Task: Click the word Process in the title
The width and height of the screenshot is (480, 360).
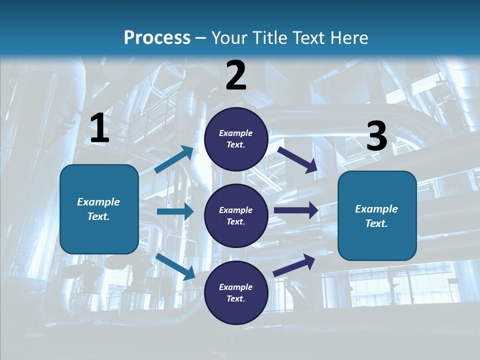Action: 157,37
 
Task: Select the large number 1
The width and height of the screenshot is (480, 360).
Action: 99,128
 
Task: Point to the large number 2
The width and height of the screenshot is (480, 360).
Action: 236,75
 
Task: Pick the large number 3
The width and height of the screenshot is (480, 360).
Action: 376,136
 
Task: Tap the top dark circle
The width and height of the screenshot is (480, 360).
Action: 236,139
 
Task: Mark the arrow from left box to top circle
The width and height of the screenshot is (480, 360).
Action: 174,159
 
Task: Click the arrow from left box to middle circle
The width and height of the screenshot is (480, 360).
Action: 175,211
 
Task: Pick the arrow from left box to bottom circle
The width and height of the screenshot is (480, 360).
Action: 175,266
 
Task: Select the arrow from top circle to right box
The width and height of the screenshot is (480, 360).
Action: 297,159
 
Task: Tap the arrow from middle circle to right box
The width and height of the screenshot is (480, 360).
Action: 296,210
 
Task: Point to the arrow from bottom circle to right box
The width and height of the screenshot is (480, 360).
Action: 294,265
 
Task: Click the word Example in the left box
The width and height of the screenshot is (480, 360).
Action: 98,202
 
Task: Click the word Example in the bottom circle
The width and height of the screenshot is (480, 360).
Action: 236,287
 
